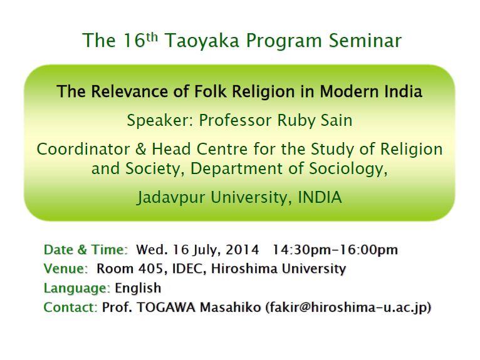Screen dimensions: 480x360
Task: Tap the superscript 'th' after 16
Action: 152,36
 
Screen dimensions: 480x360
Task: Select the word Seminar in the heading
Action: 365,40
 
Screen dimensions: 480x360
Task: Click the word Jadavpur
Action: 171,198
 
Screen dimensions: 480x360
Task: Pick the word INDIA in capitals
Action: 320,197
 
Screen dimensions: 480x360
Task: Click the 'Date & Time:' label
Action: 86,250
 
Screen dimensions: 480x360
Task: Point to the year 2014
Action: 242,250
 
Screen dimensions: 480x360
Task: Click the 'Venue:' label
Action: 66,269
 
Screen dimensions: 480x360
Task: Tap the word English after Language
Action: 138,288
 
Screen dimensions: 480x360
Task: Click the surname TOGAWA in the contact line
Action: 166,307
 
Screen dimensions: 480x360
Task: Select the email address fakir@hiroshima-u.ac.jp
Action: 348,307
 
